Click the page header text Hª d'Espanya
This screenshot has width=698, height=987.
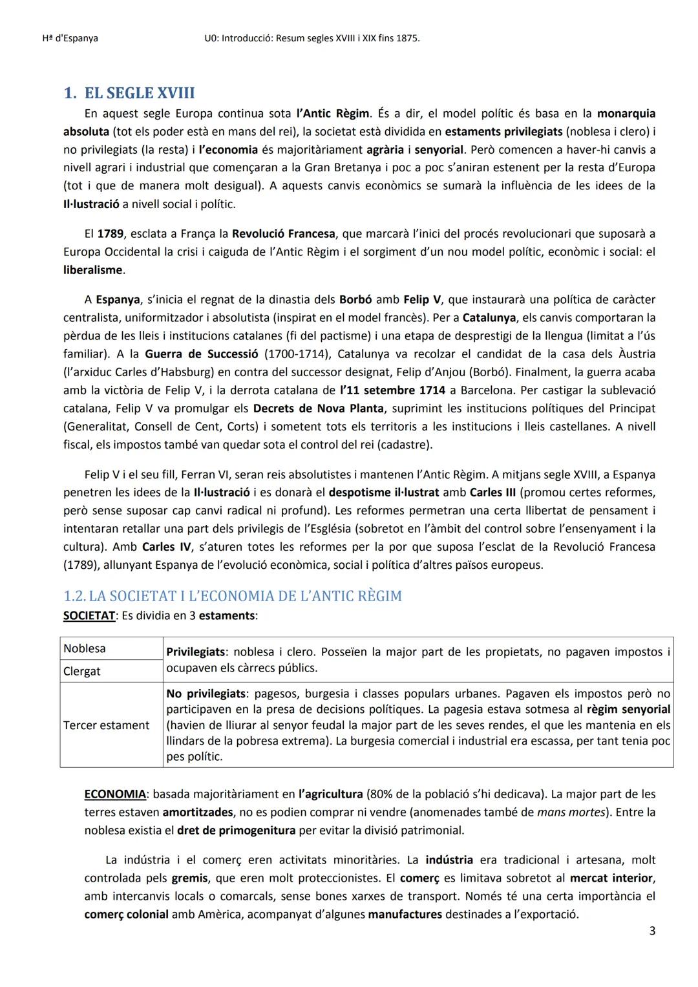pyautogui.click(x=65, y=38)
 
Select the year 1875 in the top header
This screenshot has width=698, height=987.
pyautogui.click(x=407, y=38)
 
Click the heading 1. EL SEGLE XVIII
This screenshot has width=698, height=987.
pyautogui.click(x=129, y=93)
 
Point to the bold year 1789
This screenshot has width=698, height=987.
pyautogui.click(x=111, y=233)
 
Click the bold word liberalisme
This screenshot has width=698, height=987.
pyautogui.click(x=93, y=270)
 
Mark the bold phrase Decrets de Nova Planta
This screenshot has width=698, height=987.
pyautogui.click(x=318, y=408)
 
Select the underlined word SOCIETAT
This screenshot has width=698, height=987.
pyautogui.click(x=89, y=615)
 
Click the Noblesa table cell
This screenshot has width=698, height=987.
pyautogui.click(x=85, y=648)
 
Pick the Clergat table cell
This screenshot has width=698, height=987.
pyautogui.click(x=82, y=671)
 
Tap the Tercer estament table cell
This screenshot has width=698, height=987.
pyautogui.click(x=106, y=725)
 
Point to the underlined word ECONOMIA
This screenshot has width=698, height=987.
pyautogui.click(x=115, y=794)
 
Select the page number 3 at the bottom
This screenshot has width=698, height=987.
pyautogui.click(x=651, y=931)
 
